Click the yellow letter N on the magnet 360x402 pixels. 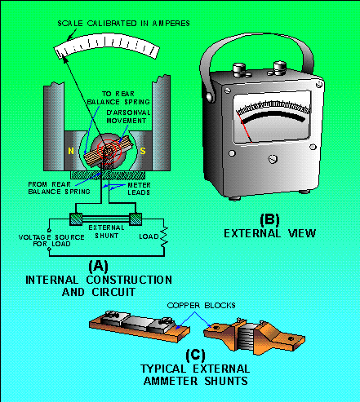tap(71, 151)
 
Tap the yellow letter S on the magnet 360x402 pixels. tap(143, 151)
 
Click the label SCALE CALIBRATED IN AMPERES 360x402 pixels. tap(124, 24)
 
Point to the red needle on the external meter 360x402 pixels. tap(245, 127)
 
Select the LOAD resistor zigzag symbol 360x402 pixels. tap(164, 236)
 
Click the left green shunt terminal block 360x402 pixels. tap(76, 219)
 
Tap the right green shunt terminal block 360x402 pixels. tap(136, 219)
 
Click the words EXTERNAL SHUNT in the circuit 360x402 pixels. tap(106, 232)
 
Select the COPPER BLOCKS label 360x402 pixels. tap(202, 306)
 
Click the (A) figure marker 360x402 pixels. tap(98, 266)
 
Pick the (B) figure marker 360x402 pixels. tap(269, 220)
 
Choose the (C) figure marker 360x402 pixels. tap(195, 355)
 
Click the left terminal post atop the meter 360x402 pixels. tap(239, 70)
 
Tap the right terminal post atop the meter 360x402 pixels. tap(280, 68)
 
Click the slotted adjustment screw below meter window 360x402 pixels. tap(273, 159)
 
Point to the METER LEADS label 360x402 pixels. tap(139, 189)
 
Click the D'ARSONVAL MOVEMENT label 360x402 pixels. tap(128, 117)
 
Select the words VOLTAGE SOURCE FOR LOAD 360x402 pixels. tap(51, 241)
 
